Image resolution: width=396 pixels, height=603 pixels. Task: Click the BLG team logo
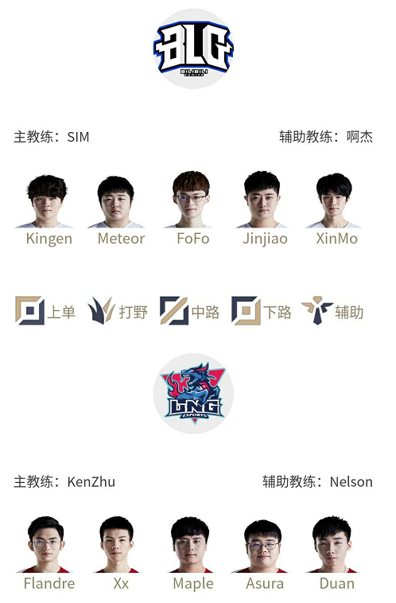point(193,49)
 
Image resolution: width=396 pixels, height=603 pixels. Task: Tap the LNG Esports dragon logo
point(193,394)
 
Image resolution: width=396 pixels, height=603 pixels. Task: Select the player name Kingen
point(49,239)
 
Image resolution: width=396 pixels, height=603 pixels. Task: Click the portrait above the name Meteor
point(116,202)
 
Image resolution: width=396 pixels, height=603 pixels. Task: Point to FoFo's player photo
point(192,200)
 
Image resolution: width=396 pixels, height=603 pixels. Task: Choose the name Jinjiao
point(265,239)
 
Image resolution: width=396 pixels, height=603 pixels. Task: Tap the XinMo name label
point(337,239)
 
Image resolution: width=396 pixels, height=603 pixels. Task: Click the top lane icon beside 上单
point(29,310)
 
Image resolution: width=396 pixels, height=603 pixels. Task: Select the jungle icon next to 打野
point(101,310)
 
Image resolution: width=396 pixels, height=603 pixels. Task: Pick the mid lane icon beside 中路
point(174,310)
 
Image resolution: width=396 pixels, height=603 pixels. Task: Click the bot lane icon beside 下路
point(246,310)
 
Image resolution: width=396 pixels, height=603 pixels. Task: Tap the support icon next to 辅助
point(317,310)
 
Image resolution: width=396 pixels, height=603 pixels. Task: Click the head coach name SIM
point(78,137)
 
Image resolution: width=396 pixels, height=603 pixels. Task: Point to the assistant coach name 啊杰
point(360,137)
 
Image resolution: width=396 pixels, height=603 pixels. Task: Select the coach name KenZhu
point(91,482)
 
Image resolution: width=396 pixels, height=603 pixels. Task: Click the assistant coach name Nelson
point(351,482)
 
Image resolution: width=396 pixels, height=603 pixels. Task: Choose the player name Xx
point(121,584)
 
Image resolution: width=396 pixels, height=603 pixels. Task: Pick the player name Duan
point(337,584)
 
